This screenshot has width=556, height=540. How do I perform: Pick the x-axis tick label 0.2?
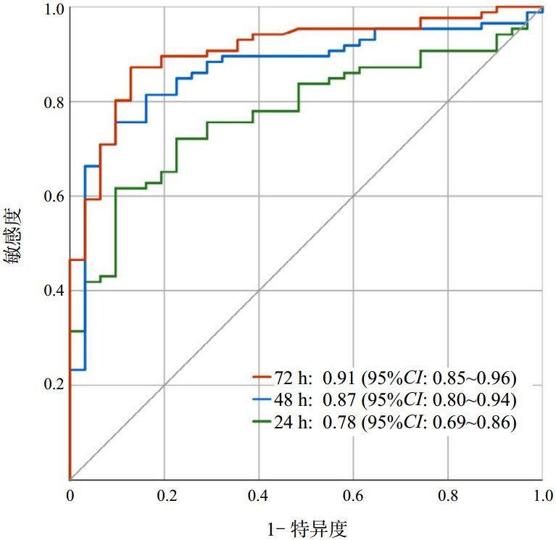(165, 497)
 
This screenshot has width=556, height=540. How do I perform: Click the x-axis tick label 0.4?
(259, 497)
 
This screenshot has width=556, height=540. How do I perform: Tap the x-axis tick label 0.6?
(353, 497)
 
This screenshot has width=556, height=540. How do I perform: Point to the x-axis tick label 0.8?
(447, 497)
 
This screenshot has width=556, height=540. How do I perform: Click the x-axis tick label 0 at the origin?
(70, 497)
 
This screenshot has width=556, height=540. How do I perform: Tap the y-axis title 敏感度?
(15, 236)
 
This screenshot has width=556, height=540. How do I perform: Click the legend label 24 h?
(292, 423)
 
